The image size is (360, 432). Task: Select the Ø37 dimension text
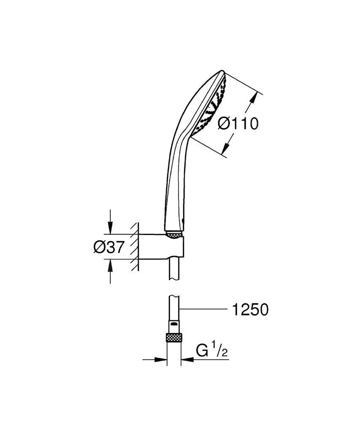pyautogui.click(x=109, y=247)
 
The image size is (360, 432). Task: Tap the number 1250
pyautogui.click(x=250, y=310)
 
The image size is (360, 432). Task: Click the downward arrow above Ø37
pyautogui.click(x=110, y=228)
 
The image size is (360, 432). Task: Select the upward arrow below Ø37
pyautogui.click(x=110, y=266)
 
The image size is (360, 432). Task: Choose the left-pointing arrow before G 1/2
pyautogui.click(x=188, y=360)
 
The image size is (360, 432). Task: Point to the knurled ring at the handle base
pyautogui.click(x=173, y=234)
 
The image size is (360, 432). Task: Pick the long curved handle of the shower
pyautogui.click(x=173, y=169)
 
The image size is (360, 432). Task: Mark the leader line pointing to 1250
pyautogui.click(x=202, y=310)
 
